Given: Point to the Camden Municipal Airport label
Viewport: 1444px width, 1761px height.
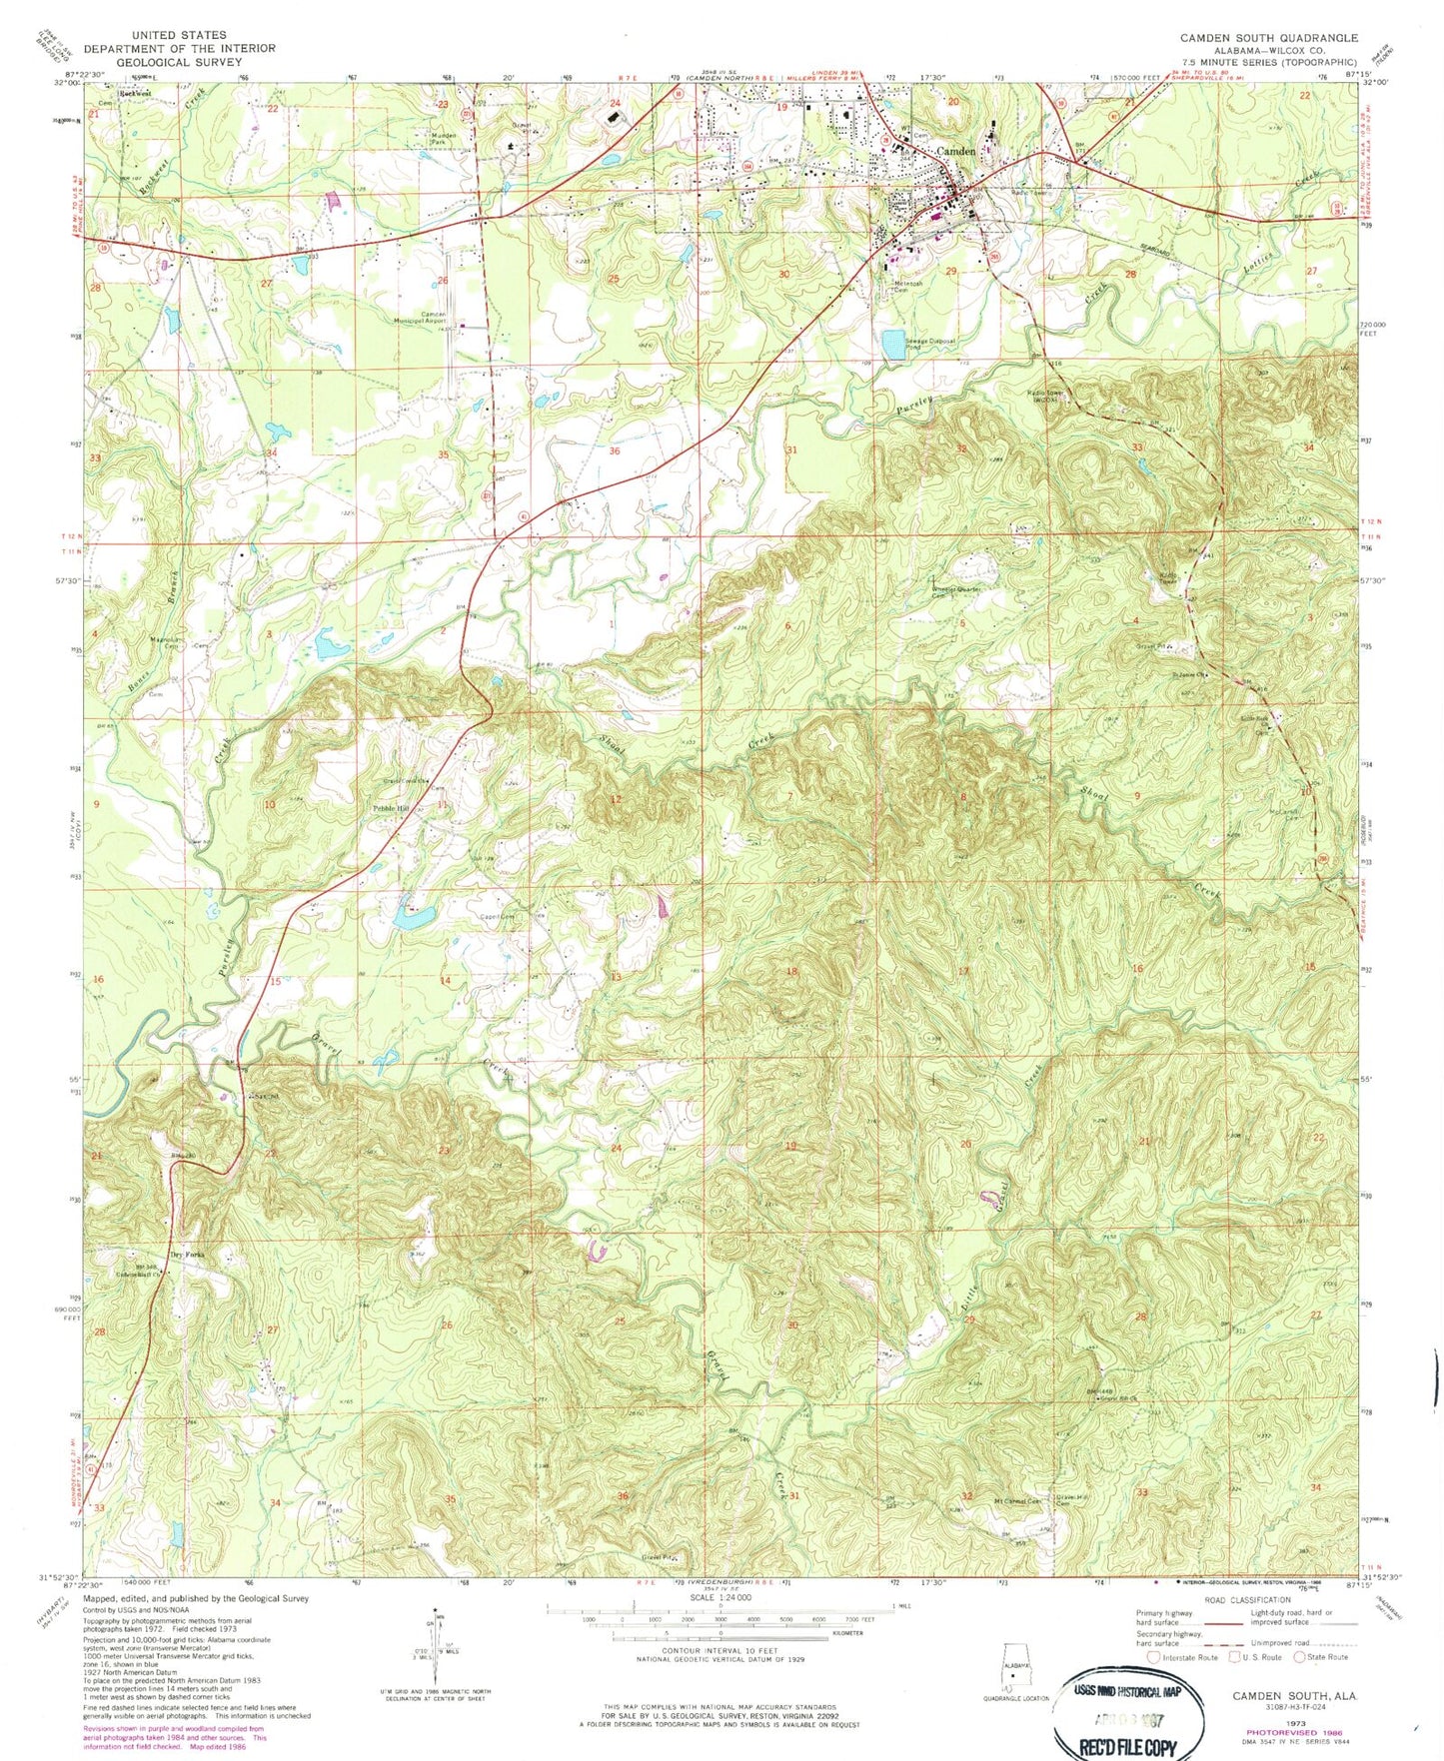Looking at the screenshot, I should (x=432, y=318).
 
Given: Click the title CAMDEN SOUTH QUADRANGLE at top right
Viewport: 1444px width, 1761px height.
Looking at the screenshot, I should (x=1268, y=37).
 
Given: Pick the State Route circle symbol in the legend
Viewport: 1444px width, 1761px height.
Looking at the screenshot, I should (x=1300, y=1656).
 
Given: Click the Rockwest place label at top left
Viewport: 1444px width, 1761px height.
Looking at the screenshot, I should (x=135, y=94).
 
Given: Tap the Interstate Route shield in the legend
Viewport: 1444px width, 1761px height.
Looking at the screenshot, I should (x=1154, y=1656).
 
